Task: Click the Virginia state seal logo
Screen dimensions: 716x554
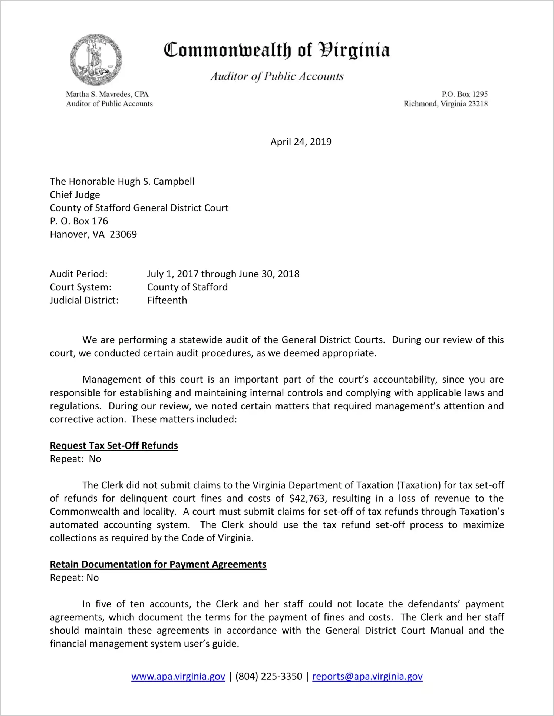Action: pyautogui.click(x=96, y=60)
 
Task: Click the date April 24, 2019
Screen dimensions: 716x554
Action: pyautogui.click(x=301, y=142)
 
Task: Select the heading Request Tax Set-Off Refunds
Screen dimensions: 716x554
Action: pyautogui.click(x=114, y=446)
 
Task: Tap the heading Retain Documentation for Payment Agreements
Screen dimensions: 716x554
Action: pyautogui.click(x=158, y=564)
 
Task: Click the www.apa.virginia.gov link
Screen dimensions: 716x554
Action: pyautogui.click(x=178, y=676)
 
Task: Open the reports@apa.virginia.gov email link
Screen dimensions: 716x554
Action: pyautogui.click(x=367, y=676)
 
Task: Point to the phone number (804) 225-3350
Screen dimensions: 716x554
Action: pyautogui.click(x=268, y=676)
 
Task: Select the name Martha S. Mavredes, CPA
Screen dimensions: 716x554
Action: pyautogui.click(x=107, y=94)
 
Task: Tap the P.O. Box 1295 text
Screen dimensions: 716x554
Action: pyautogui.click(x=464, y=94)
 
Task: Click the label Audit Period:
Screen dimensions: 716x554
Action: pyautogui.click(x=79, y=274)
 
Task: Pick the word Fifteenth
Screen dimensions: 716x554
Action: pyautogui.click(x=167, y=300)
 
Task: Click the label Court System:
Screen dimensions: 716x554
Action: pyautogui.click(x=80, y=287)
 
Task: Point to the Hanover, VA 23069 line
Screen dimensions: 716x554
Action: pyautogui.click(x=93, y=234)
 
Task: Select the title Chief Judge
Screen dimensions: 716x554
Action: pyautogui.click(x=75, y=195)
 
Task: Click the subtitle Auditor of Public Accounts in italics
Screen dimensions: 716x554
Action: pyautogui.click(x=277, y=76)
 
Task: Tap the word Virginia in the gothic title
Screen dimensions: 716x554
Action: pyautogui.click(x=354, y=50)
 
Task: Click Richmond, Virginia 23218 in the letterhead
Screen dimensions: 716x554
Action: pyautogui.click(x=445, y=104)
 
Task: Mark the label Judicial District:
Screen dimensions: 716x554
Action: pyautogui.click(x=84, y=300)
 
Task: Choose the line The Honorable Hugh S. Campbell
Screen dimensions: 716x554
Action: pyautogui.click(x=122, y=182)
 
